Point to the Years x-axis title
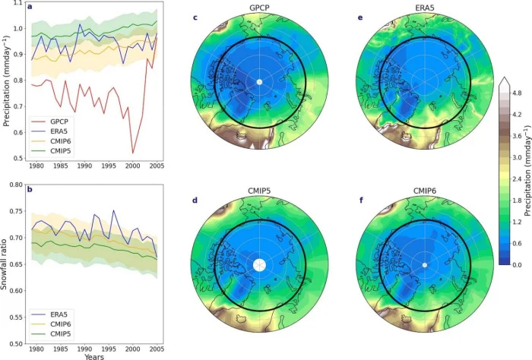94,355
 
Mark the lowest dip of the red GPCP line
133,153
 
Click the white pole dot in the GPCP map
259,82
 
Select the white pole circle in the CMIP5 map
260,264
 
